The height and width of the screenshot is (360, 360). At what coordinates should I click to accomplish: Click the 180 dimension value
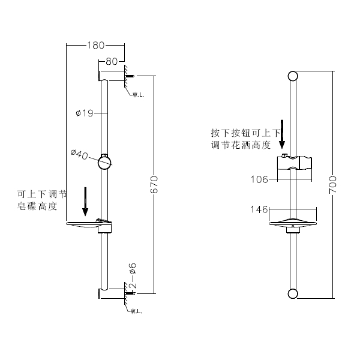point(96,45)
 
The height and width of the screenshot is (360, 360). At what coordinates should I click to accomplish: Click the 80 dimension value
point(112,61)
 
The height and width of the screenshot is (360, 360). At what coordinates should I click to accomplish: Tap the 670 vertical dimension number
point(154,184)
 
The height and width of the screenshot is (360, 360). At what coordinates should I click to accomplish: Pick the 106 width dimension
point(260,178)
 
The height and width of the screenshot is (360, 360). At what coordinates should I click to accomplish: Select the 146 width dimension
point(260,209)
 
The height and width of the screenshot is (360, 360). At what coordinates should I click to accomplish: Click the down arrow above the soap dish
point(85,201)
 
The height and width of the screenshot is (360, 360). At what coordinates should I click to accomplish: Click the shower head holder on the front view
point(293,164)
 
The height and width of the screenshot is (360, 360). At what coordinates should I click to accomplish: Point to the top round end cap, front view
point(293,76)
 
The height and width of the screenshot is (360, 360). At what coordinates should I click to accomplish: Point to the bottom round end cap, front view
point(293,293)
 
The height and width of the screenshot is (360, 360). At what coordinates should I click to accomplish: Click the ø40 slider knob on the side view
point(106,161)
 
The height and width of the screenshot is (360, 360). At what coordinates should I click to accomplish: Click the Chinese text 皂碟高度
point(37,206)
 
